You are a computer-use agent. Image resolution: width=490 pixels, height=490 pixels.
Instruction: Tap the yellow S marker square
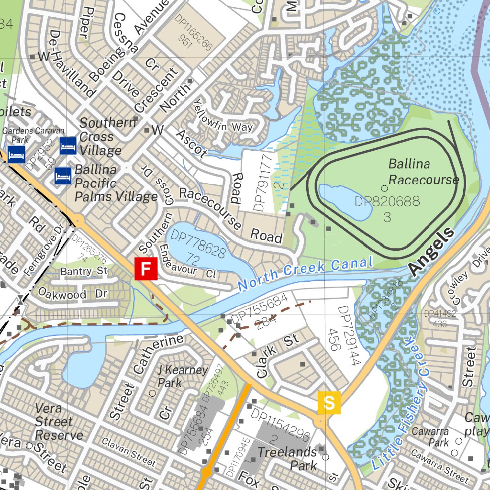coord(329,402)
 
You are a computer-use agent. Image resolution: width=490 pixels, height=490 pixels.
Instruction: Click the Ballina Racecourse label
coord(423,172)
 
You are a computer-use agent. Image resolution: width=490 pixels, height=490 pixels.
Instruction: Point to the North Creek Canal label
coord(305,273)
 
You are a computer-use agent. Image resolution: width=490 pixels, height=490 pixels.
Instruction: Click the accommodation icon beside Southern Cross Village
coord(68,145)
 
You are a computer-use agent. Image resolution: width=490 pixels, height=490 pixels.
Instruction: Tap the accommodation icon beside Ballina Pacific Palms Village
coord(63,176)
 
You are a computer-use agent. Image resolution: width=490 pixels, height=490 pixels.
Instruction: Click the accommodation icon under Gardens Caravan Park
coord(16,155)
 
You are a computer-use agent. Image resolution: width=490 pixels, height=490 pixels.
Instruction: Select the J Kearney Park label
coord(182,377)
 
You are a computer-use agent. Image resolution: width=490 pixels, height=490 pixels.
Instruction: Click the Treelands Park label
coord(287,458)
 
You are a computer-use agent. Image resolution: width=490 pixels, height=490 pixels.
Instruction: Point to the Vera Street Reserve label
coord(59,422)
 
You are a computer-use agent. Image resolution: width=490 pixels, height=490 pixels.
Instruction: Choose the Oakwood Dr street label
coord(72,293)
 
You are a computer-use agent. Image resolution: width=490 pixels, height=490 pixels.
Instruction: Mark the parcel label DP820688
coord(387,201)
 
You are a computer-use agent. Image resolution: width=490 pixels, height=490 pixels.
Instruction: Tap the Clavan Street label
coord(129,451)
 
